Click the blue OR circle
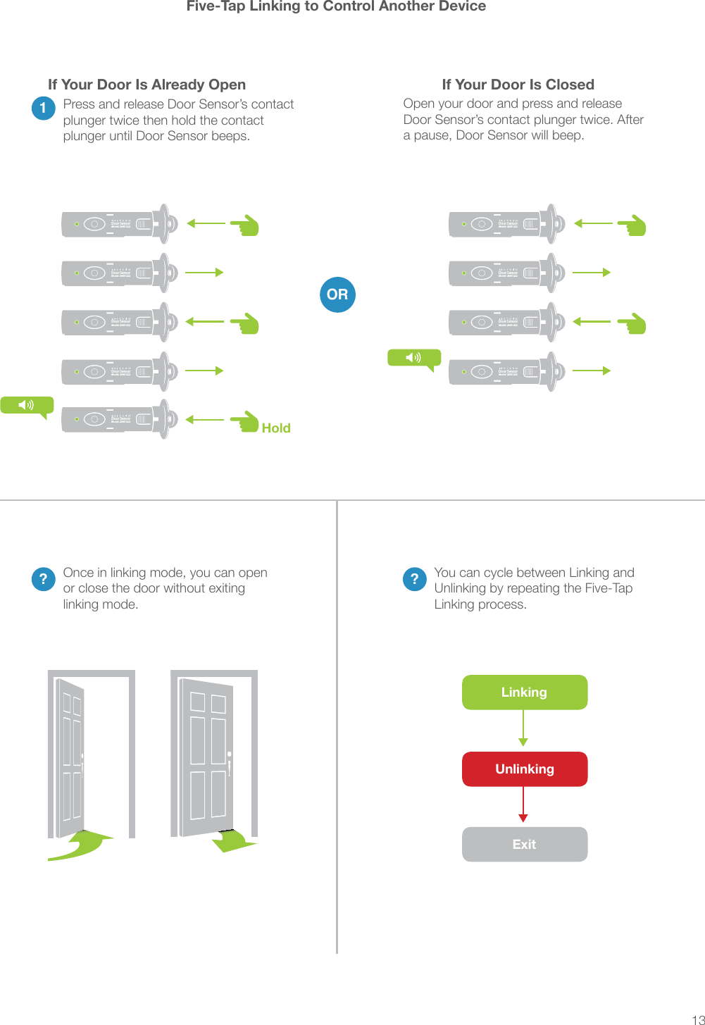[337, 294]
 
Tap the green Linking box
[525, 692]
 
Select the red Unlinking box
[525, 769]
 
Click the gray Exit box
[525, 844]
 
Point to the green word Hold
[276, 428]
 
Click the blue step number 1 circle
[44, 108]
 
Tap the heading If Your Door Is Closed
[518, 85]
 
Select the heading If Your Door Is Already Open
[146, 85]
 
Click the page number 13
[697, 1019]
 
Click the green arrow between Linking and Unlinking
[523, 728]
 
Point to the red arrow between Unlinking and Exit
[523, 805]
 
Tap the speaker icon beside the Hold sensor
[27, 405]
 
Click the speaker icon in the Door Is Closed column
[414, 358]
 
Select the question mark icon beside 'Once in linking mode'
[44, 578]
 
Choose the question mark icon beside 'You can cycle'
[415, 578]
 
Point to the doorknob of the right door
[229, 755]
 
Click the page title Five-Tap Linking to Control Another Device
[336, 6]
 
